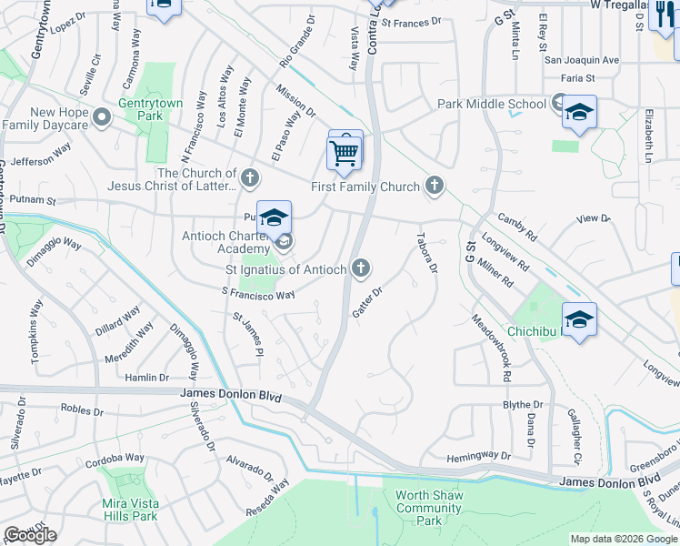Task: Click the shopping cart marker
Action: (x=345, y=153)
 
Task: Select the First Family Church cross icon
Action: (x=435, y=187)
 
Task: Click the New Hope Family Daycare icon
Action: (x=102, y=117)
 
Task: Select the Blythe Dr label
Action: (x=523, y=404)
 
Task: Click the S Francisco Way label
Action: (x=259, y=294)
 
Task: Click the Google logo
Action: (x=30, y=535)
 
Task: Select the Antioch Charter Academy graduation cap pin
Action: (x=274, y=219)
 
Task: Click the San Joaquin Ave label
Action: (x=581, y=60)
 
